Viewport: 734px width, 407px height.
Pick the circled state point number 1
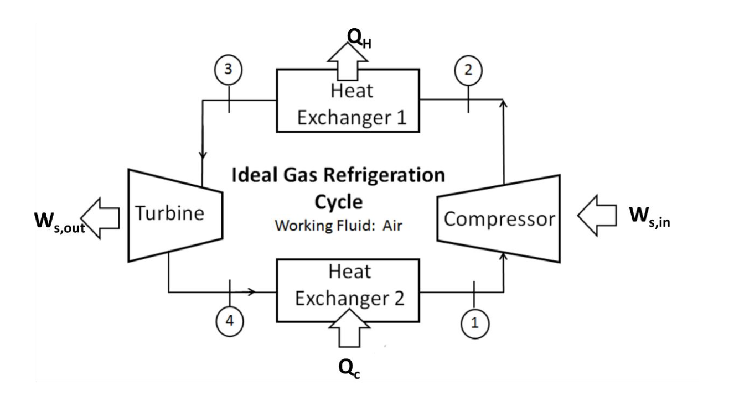pyautogui.click(x=474, y=323)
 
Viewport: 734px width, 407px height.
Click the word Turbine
pyautogui.click(x=170, y=213)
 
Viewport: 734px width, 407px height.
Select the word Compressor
pyautogui.click(x=499, y=219)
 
